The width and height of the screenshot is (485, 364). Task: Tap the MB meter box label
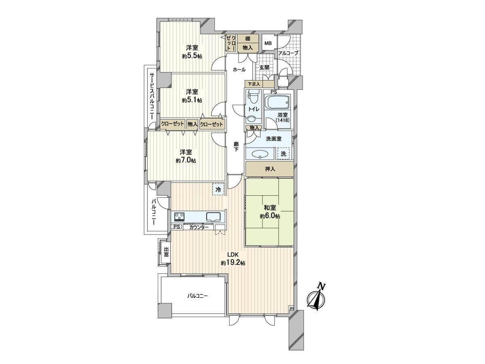point(268,43)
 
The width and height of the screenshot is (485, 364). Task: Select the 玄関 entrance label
point(264,68)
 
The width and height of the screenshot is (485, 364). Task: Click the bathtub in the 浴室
point(277,102)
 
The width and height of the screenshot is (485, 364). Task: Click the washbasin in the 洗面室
point(260,154)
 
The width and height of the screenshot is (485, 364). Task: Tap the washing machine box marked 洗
point(283,153)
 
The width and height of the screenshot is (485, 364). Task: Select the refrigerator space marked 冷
point(218,189)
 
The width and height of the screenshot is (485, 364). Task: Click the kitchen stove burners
point(179,217)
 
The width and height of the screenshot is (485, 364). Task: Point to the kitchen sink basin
point(213,217)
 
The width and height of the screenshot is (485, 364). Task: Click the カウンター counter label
point(198,227)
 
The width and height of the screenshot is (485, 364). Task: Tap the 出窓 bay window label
point(166,252)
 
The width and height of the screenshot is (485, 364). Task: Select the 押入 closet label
point(270,169)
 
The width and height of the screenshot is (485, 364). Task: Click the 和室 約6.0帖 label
point(270,212)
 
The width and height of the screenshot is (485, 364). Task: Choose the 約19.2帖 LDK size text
point(233,263)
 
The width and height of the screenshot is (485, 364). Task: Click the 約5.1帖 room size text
point(192,100)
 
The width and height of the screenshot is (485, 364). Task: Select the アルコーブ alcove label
point(288,53)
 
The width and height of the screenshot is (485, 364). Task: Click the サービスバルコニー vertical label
point(152,96)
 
